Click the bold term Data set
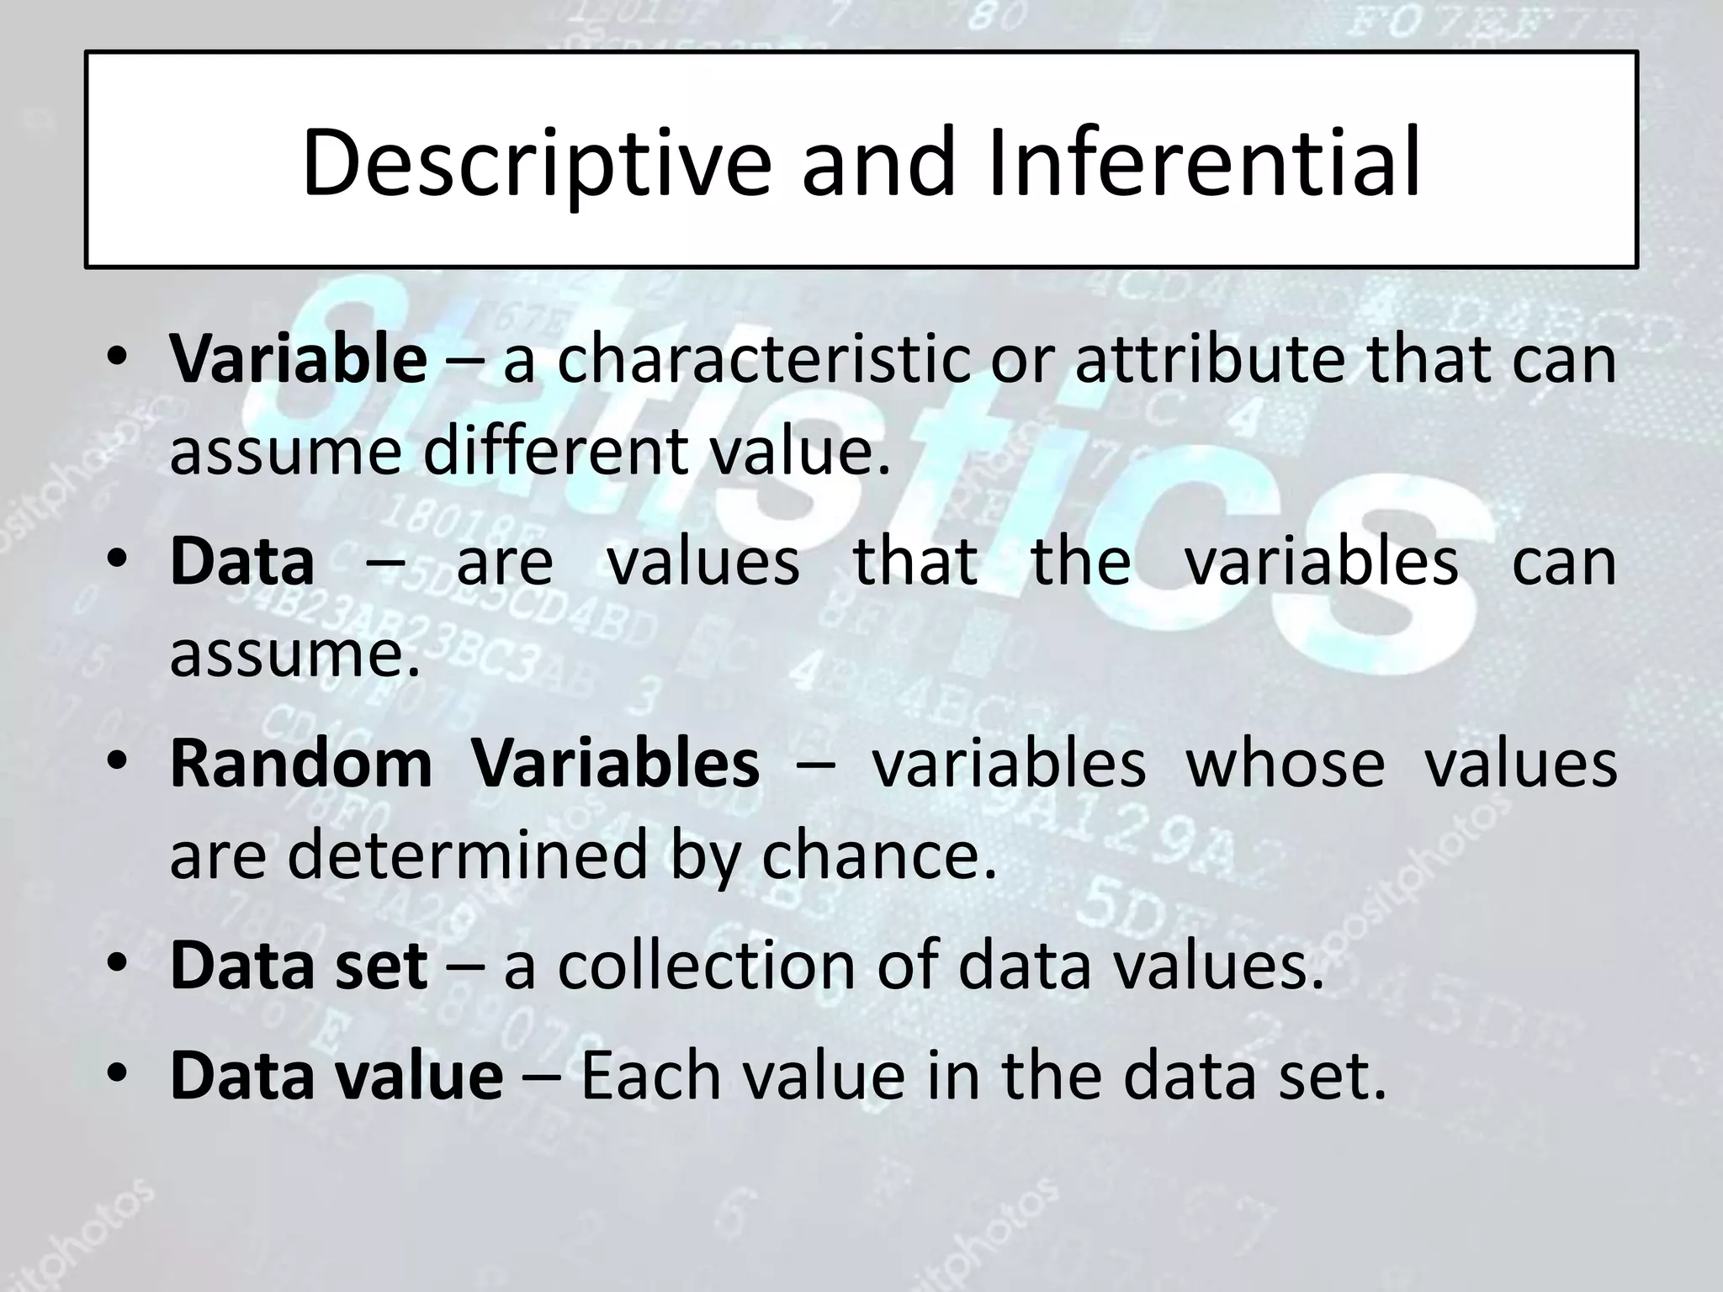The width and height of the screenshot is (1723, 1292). click(x=298, y=966)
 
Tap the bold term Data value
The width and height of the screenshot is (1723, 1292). click(x=337, y=1076)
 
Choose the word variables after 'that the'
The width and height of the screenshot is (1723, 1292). click(x=1321, y=562)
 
